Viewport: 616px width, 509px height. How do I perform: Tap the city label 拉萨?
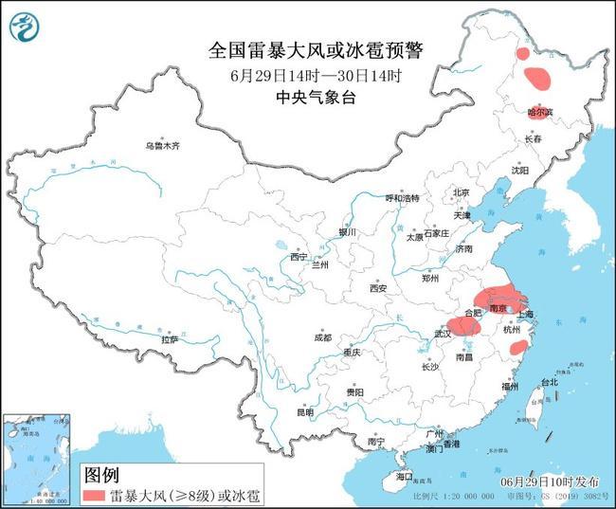170,338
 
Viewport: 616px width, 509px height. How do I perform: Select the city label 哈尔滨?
539,112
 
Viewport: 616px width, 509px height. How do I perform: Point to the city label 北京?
462,192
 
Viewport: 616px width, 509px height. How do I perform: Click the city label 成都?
323,337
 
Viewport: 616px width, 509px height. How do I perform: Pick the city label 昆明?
303,413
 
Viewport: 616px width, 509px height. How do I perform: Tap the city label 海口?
405,476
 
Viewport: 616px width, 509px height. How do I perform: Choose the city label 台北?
550,383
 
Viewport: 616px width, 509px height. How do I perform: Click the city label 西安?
379,288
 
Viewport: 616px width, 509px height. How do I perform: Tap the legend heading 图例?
101,474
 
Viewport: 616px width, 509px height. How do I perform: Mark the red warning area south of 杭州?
518,348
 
